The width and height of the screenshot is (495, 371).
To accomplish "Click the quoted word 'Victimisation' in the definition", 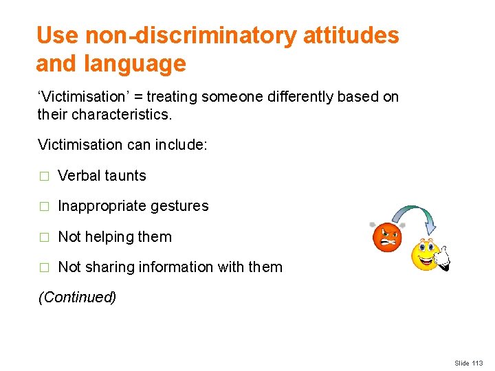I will pos(76,97).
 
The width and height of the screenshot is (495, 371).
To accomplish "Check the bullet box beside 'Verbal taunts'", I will pos(43,177).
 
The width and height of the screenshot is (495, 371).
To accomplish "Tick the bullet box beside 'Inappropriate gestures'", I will pos(43,207).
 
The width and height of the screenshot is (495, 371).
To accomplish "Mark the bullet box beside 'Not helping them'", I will pos(43,238).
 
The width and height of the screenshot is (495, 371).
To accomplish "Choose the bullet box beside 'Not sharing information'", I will pos(43,268).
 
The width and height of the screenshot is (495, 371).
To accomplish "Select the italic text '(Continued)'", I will pos(77,297).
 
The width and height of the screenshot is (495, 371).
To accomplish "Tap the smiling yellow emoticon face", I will pos(426,255).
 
